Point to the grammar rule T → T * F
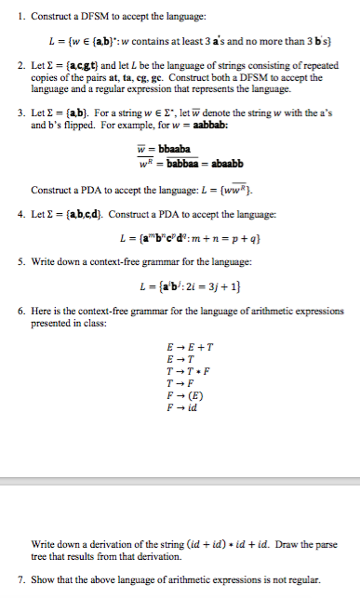coord(183,379)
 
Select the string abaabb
coord(223,165)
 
